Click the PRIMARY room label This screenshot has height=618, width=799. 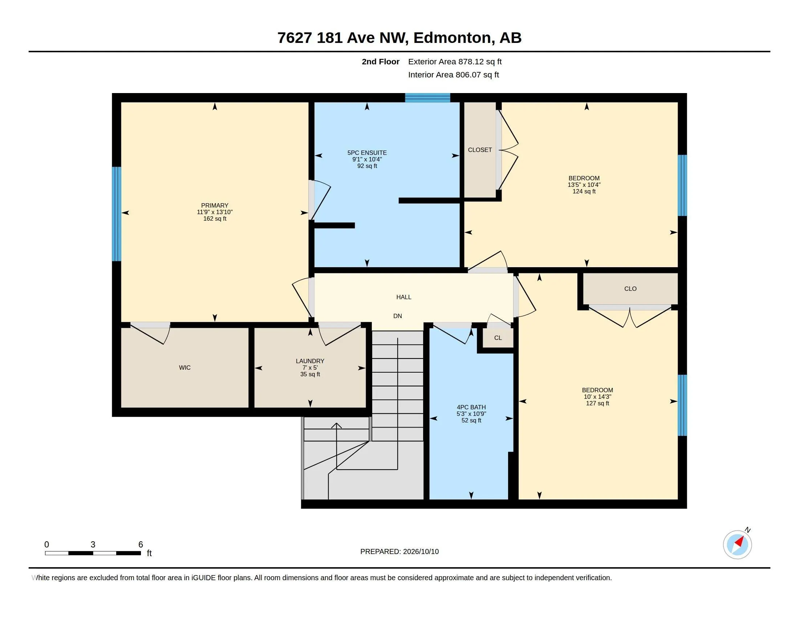(x=215, y=205)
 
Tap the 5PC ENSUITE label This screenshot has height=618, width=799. (x=367, y=153)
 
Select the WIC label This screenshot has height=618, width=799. (x=185, y=368)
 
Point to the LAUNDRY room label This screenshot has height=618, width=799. (x=310, y=361)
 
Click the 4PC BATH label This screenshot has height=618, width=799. (x=471, y=407)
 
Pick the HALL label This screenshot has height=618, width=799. (x=404, y=297)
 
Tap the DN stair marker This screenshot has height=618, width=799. (x=398, y=316)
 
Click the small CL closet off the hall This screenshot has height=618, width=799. (x=498, y=338)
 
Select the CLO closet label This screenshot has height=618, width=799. (x=630, y=289)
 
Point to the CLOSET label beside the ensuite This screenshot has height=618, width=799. (x=480, y=150)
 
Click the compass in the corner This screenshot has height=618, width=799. (x=738, y=545)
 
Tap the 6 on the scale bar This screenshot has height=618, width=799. (x=141, y=545)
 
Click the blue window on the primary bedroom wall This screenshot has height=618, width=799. (x=116, y=214)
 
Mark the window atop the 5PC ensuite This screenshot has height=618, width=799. (x=427, y=98)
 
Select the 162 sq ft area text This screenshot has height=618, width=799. (x=215, y=218)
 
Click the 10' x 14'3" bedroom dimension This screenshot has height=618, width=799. (x=597, y=397)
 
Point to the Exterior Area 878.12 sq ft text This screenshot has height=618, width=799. (x=455, y=61)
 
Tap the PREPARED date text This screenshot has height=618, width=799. (x=399, y=551)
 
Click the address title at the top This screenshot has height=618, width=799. (x=399, y=38)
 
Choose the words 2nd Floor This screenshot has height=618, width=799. (x=381, y=61)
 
